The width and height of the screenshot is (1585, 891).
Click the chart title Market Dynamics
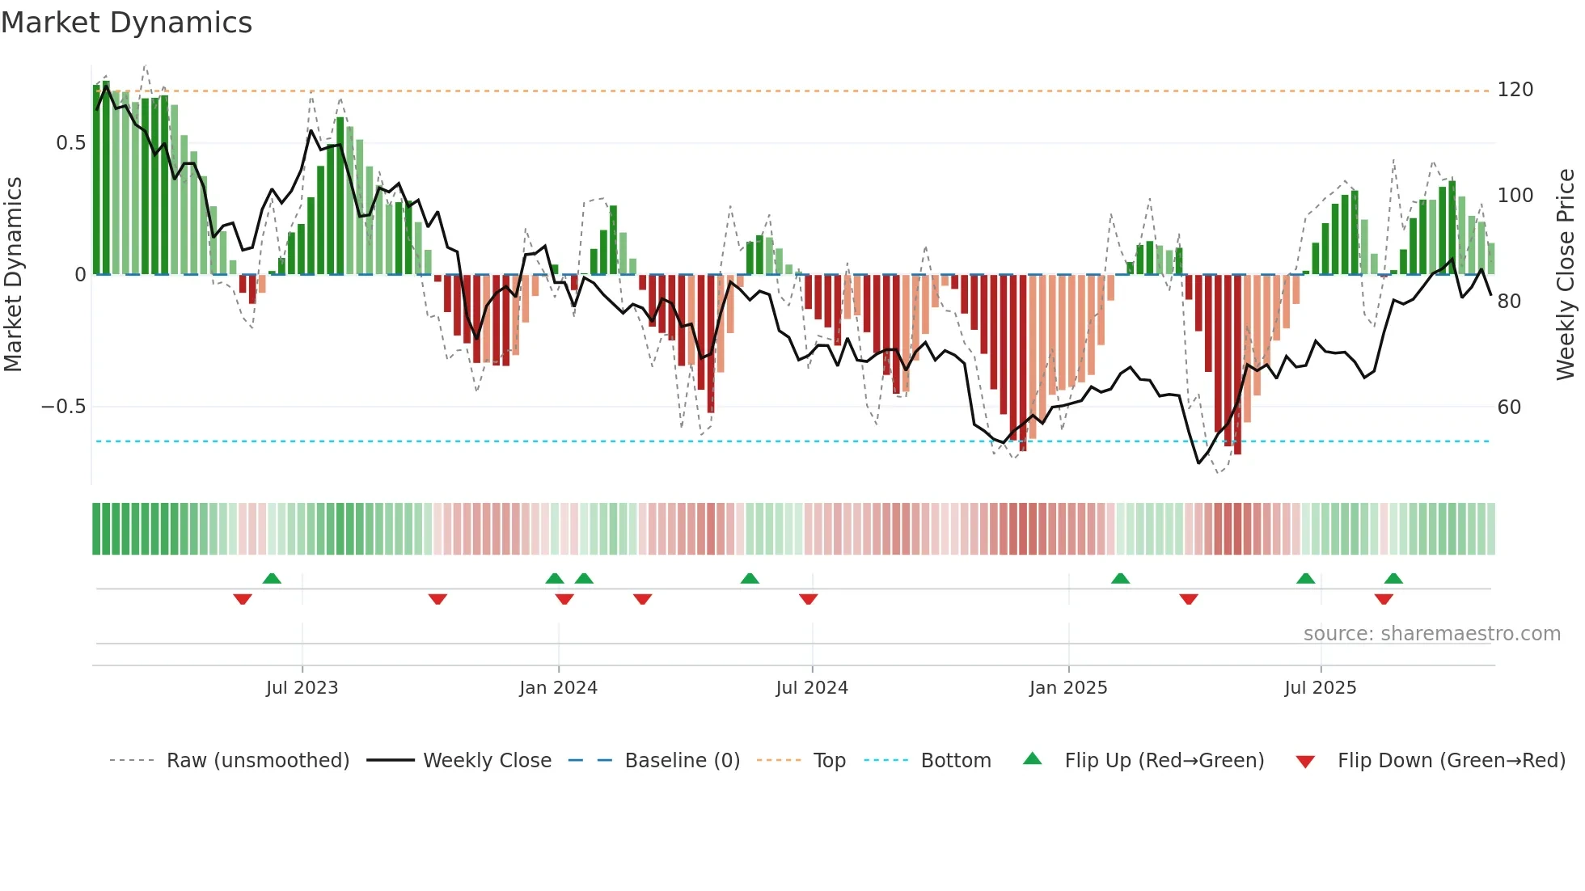coord(127,23)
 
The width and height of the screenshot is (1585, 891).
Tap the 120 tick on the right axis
coord(1515,90)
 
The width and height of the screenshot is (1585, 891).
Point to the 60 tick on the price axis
coord(1509,407)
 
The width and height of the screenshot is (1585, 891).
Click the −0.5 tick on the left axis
coord(63,407)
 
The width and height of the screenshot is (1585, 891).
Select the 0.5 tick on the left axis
coord(70,143)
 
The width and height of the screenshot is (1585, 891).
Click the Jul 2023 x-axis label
coord(302,688)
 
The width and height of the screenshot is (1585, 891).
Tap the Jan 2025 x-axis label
coord(1067,688)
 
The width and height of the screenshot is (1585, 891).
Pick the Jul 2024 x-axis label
coord(812,688)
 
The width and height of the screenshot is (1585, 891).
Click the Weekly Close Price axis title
coord(1566,275)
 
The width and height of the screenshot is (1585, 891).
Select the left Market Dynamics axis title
coord(13,275)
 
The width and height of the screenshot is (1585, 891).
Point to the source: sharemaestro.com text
coord(1431,634)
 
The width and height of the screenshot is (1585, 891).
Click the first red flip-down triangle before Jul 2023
coord(243,599)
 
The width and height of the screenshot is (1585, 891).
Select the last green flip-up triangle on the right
coord(1393,578)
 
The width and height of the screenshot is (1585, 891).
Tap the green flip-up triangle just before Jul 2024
coord(750,578)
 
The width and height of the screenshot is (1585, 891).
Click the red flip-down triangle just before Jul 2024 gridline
coord(808,599)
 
